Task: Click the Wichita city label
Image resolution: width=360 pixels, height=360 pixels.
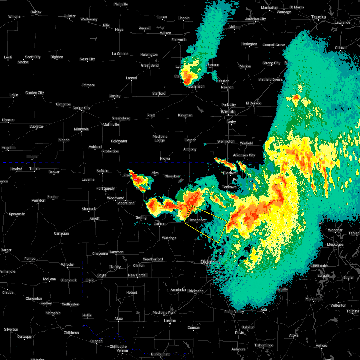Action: point(228,112)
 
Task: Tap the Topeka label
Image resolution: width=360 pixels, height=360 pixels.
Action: point(319,17)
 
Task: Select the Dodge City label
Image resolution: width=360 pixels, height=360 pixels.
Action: point(82,108)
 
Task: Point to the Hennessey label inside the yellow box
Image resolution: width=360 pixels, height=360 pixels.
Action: point(197,220)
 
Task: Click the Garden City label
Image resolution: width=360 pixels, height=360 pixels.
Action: point(35,93)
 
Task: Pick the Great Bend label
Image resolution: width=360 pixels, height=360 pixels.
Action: point(150,65)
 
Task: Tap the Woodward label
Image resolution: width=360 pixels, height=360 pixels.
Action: point(115,198)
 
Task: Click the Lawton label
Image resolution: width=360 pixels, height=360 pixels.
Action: point(170,321)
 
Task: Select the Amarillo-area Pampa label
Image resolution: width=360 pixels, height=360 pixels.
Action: point(30,259)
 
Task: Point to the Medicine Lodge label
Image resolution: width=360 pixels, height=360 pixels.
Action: point(160,138)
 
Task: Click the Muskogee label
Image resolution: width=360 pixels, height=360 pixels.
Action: point(335,244)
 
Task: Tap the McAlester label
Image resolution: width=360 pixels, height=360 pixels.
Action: point(314,299)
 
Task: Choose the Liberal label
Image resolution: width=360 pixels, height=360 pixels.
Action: point(32,157)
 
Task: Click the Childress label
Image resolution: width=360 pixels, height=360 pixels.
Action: point(71,333)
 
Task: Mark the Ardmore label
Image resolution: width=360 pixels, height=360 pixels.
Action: point(238,349)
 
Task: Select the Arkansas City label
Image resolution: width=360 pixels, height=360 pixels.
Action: point(244,155)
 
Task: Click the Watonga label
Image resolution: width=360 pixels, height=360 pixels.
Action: point(169,238)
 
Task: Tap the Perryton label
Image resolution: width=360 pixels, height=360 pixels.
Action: point(38,200)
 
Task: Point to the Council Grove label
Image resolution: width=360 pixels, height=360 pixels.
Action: point(274,45)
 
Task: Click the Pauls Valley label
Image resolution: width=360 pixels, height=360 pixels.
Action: point(234,312)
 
